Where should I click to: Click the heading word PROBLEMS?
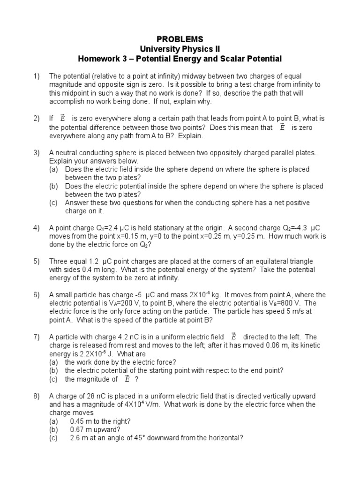tap(180, 39)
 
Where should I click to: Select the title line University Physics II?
tap(180, 49)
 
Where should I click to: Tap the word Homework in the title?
tap(100, 59)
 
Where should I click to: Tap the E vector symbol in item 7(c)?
tap(127, 379)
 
